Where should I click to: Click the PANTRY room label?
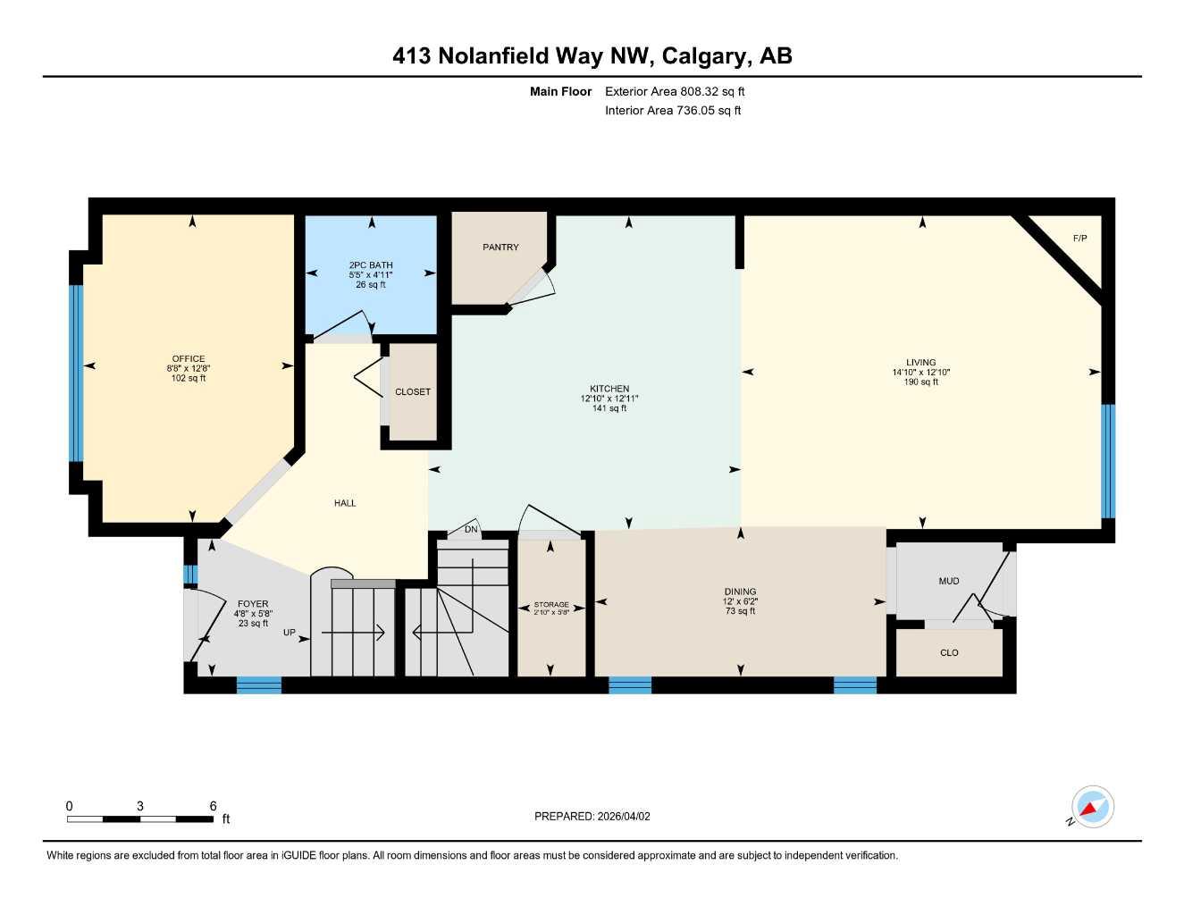(500, 248)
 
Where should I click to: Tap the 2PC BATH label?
(371, 265)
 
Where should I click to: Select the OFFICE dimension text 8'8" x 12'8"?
(189, 368)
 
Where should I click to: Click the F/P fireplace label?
(1079, 239)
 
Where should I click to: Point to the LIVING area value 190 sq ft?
(920, 382)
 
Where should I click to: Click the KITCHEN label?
(609, 389)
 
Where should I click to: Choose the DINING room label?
(740, 592)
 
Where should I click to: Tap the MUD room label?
(949, 582)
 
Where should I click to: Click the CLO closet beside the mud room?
(949, 653)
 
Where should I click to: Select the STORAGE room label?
(551, 605)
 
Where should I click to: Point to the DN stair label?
(472, 530)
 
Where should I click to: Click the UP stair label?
(290, 633)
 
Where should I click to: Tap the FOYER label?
(253, 604)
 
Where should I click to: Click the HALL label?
(345, 503)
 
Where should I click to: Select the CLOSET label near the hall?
(413, 392)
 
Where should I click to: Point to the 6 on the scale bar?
(213, 806)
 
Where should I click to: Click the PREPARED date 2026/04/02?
(624, 817)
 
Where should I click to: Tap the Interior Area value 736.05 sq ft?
(707, 111)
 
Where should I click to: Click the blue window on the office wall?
(76, 373)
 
